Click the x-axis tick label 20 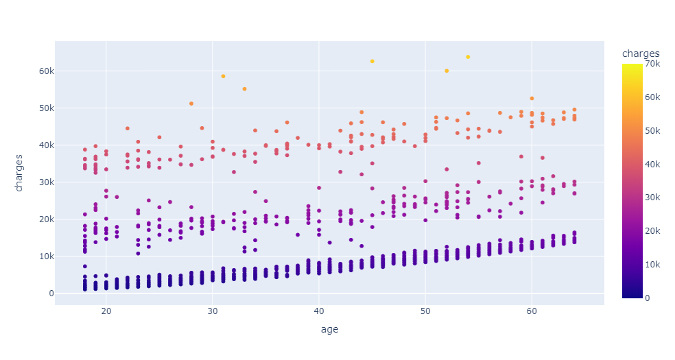click(x=106, y=312)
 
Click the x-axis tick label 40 click(x=319, y=312)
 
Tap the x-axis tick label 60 click(x=531, y=312)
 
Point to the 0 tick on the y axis click(x=45, y=293)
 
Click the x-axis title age click(x=329, y=330)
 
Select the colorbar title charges click(x=641, y=53)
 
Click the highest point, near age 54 click(x=468, y=57)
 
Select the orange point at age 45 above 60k click(x=372, y=61)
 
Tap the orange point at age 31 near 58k click(x=223, y=76)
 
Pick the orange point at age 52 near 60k click(x=447, y=71)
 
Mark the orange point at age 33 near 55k click(x=244, y=89)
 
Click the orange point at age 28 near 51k click(x=191, y=104)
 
